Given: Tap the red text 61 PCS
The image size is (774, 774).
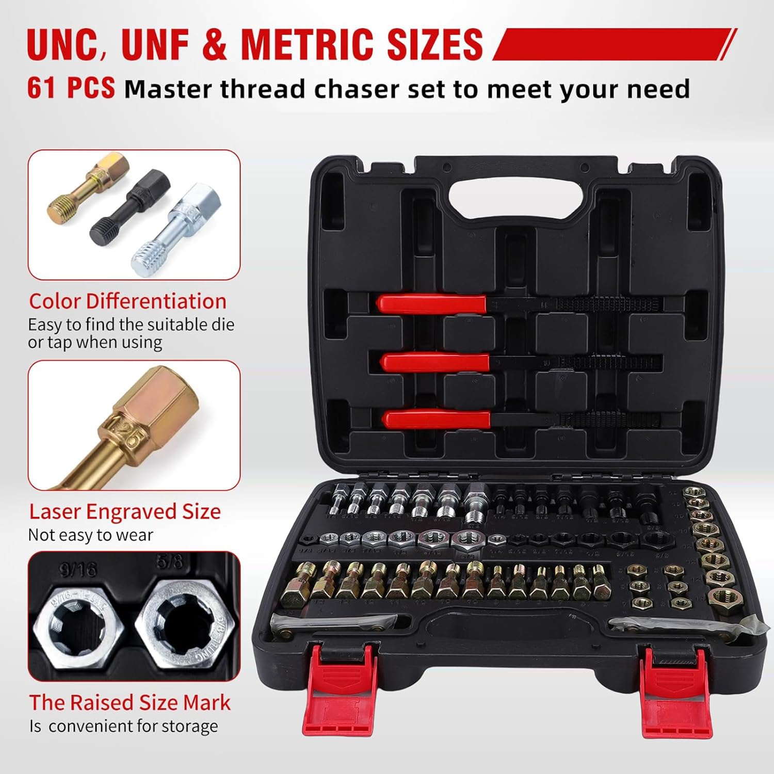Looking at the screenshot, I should (x=71, y=88).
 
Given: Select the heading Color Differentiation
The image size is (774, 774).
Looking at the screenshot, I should (x=127, y=301).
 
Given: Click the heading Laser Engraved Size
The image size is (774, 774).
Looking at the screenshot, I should (x=125, y=511).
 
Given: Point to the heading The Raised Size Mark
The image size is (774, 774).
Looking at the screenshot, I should (x=130, y=702).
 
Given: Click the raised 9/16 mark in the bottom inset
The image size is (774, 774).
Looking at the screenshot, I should (x=78, y=570).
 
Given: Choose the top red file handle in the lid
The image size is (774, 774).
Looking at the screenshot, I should (x=431, y=303).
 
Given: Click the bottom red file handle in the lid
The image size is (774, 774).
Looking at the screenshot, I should (x=438, y=419).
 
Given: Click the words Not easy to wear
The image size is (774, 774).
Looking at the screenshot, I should (x=90, y=535).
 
